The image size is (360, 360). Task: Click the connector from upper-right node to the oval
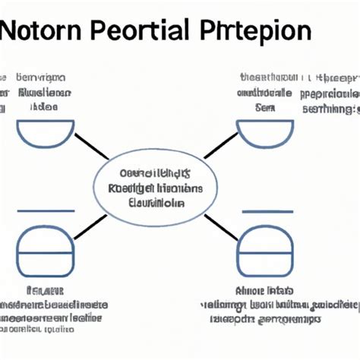(x=221, y=145)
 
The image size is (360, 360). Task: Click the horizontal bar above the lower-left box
(x=46, y=210)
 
